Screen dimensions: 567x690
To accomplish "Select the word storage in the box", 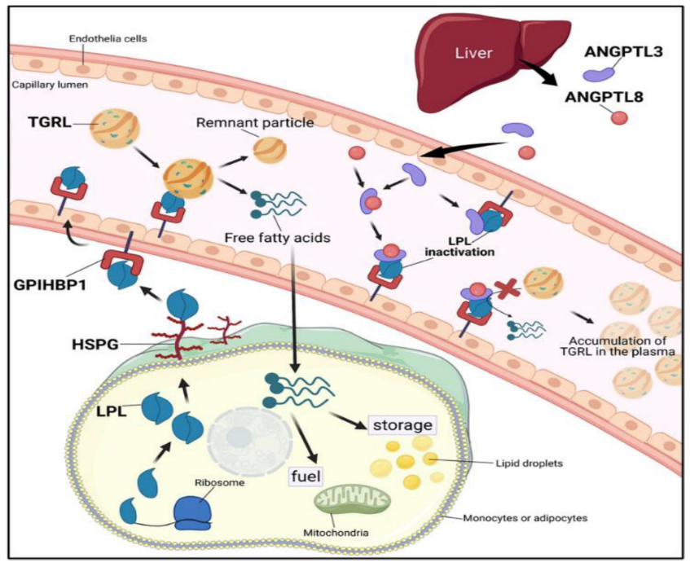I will (x=400, y=425).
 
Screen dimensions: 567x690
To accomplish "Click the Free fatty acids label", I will (x=272, y=239).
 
